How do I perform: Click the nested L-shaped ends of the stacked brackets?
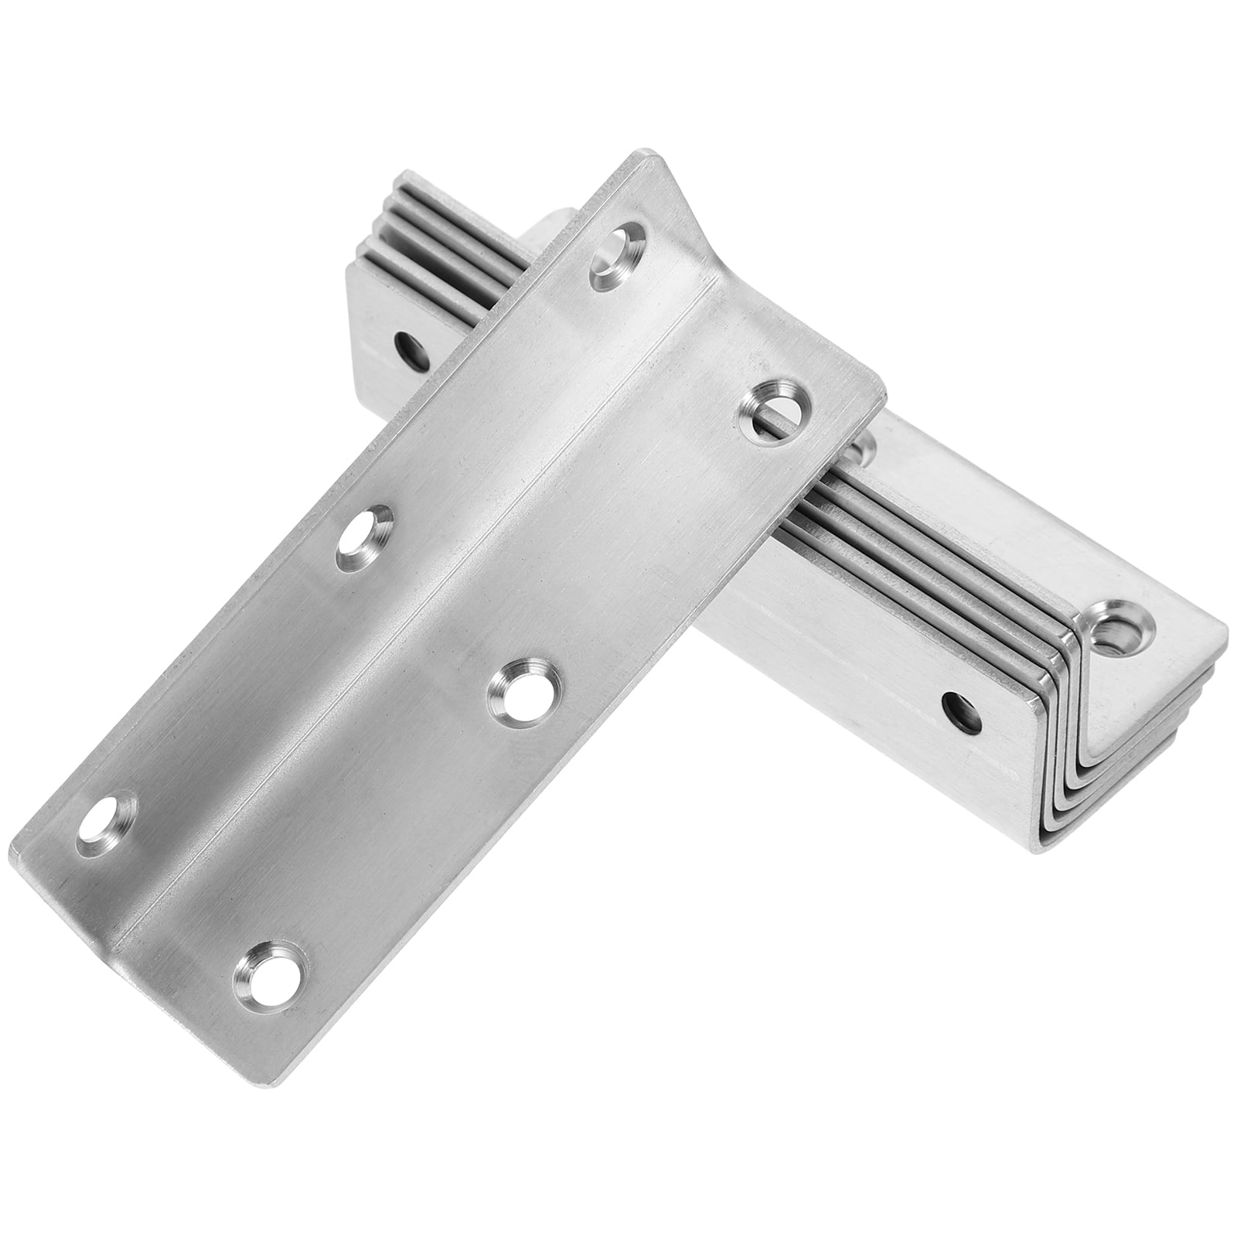1098,742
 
